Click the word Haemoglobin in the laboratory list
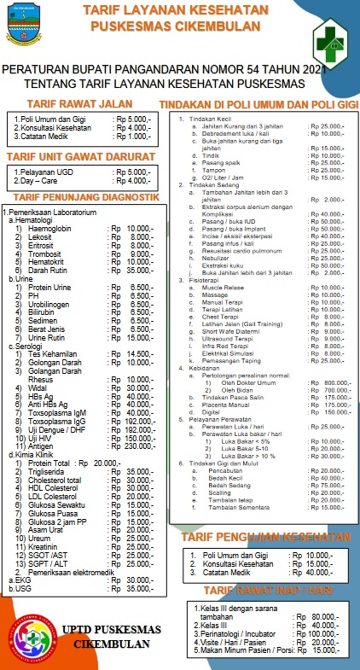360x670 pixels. pos(51,229)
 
